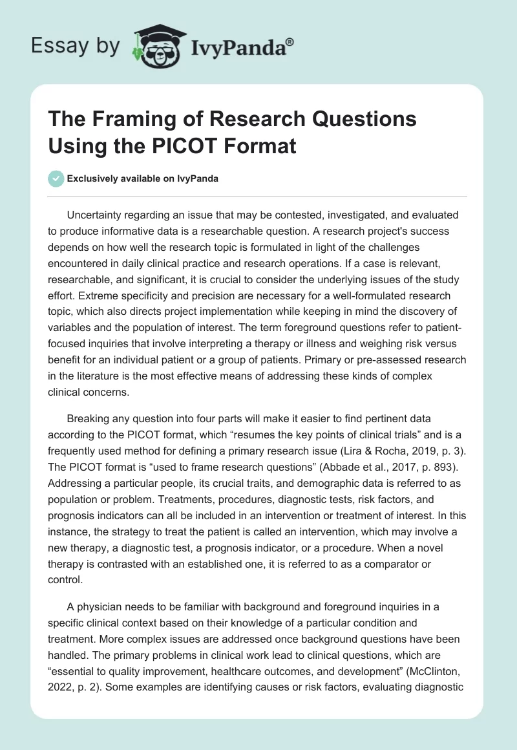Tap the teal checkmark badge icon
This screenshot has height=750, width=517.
[x=56, y=178]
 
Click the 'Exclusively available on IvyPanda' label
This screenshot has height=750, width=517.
[x=142, y=178]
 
